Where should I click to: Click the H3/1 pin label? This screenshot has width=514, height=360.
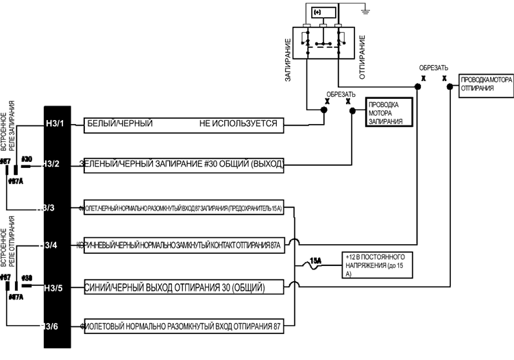(x=54, y=124)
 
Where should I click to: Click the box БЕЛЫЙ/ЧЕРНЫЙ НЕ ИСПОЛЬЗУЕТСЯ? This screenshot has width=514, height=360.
(x=182, y=124)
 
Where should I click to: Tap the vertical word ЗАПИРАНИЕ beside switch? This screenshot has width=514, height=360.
(x=288, y=61)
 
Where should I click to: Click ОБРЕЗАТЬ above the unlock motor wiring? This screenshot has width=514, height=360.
(x=435, y=67)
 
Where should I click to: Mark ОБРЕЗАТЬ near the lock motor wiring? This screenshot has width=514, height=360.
(x=341, y=93)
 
